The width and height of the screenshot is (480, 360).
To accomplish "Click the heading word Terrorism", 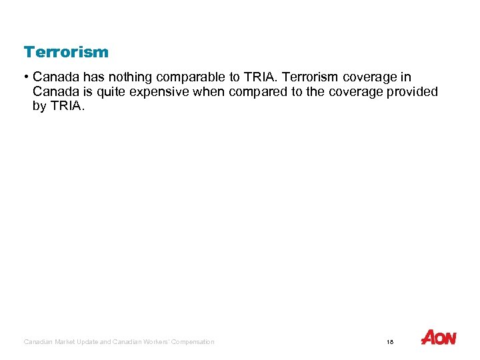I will coord(66,52).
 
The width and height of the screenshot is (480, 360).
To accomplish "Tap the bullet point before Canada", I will coord(27,77).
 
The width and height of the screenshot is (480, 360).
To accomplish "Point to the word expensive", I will coord(159,92).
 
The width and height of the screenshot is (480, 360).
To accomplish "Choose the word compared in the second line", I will coord(258,92).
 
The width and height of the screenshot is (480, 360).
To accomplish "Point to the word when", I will coord(209,92).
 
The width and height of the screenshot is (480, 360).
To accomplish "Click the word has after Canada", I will coord(90,77).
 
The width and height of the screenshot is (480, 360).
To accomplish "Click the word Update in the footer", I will coord(93,342).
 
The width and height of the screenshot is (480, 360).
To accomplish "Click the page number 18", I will coord(390,342).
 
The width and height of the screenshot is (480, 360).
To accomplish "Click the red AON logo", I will coord(439,338).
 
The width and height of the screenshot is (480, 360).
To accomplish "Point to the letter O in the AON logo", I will coord(440,339).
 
